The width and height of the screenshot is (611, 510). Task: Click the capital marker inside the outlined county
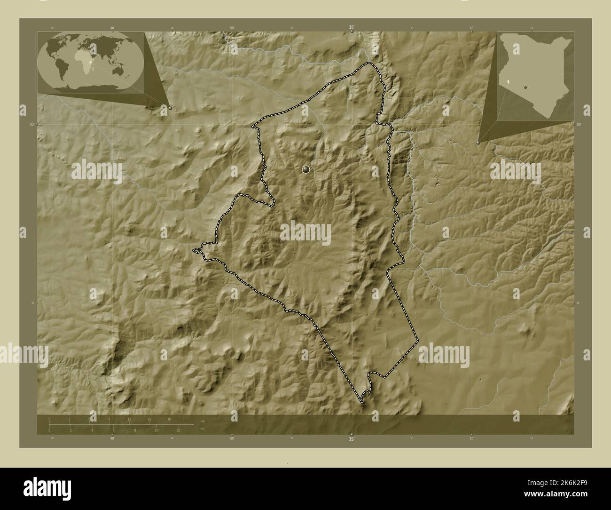pos(306,169)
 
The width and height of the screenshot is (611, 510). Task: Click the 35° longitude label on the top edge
pos(352,28)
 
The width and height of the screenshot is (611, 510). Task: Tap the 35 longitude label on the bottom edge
pos(352,439)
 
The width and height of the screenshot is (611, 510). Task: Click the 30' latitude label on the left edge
pos(32,124)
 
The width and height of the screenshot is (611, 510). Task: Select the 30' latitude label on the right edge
pos(579,124)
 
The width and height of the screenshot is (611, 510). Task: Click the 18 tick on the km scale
pos(169,419)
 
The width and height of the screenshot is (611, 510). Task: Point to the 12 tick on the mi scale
pos(178,430)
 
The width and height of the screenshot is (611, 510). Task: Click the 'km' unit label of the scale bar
pos(203,420)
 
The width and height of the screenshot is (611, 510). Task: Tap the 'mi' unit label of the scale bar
pos(202,429)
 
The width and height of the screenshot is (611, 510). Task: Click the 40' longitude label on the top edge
pos(112,28)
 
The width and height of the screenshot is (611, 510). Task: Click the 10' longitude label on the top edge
pos(471,28)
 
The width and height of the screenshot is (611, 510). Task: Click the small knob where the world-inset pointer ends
pos(170,108)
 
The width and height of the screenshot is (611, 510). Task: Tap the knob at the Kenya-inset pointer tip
pos(478,142)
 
